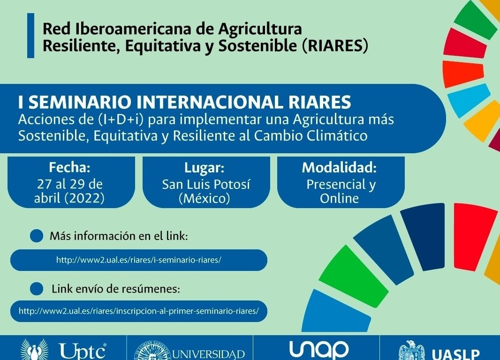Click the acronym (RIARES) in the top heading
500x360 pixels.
click(335, 46)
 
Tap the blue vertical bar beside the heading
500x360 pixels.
click(30, 35)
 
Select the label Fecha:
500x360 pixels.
click(69, 167)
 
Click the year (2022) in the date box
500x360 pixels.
click(84, 198)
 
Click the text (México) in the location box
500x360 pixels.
click(205, 198)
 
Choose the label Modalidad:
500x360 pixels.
click(339, 167)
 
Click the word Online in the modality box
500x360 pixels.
click(339, 198)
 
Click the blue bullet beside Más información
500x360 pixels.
click(37, 236)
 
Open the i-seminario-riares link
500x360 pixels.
click(139, 260)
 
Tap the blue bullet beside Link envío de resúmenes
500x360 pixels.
click(37, 289)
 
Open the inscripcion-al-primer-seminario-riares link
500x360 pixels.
click(139, 311)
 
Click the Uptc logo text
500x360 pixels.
click(83, 352)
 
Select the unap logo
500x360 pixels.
click(319, 350)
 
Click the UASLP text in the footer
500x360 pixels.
click(456, 354)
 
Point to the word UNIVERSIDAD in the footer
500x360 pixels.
click(209, 354)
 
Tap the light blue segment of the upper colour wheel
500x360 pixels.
click(469, 100)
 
